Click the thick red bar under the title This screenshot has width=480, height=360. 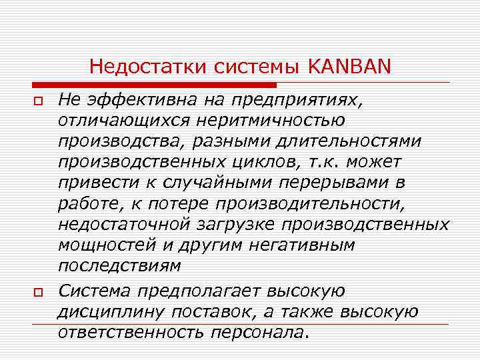pos(154,85)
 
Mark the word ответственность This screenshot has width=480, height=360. pos(127,333)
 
